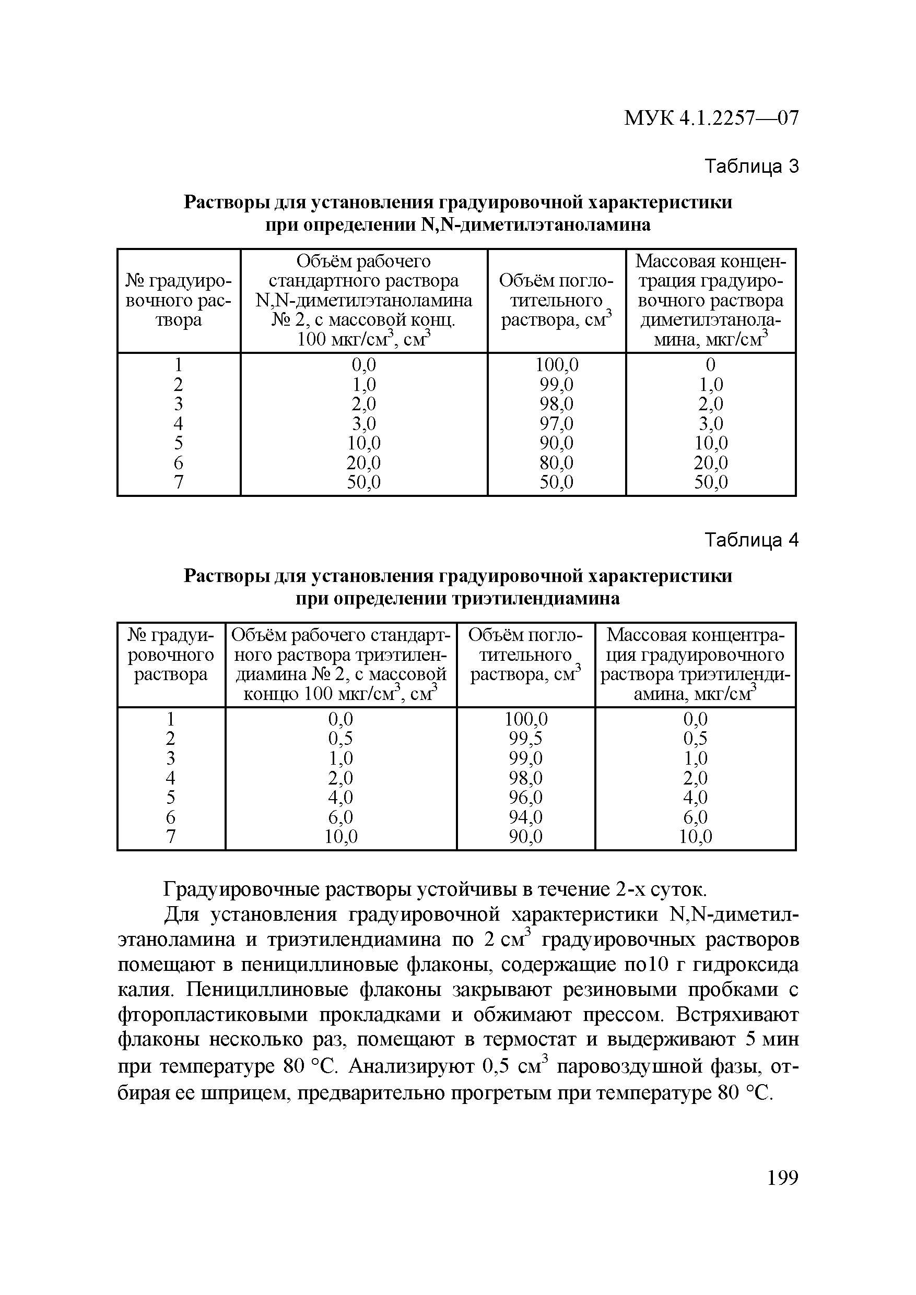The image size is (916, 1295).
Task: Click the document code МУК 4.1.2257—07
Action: pyautogui.click(x=711, y=118)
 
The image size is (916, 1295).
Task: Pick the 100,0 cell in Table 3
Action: pyautogui.click(x=557, y=365)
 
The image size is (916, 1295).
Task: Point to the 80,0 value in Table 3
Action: pyautogui.click(x=557, y=462)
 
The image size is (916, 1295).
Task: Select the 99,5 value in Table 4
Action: pyautogui.click(x=525, y=738)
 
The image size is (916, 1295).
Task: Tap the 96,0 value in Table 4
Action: pyautogui.click(x=525, y=797)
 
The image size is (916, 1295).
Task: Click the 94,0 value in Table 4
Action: pyautogui.click(x=525, y=817)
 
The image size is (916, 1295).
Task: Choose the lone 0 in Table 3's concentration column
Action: pyautogui.click(x=711, y=365)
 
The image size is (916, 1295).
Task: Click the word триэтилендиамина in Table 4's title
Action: pyautogui.click(x=537, y=598)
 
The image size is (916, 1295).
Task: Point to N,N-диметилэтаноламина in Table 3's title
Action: pyautogui.click(x=536, y=225)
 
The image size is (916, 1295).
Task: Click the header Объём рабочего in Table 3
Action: pyautogui.click(x=363, y=261)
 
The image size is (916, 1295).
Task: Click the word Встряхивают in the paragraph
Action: pyautogui.click(x=737, y=1014)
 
